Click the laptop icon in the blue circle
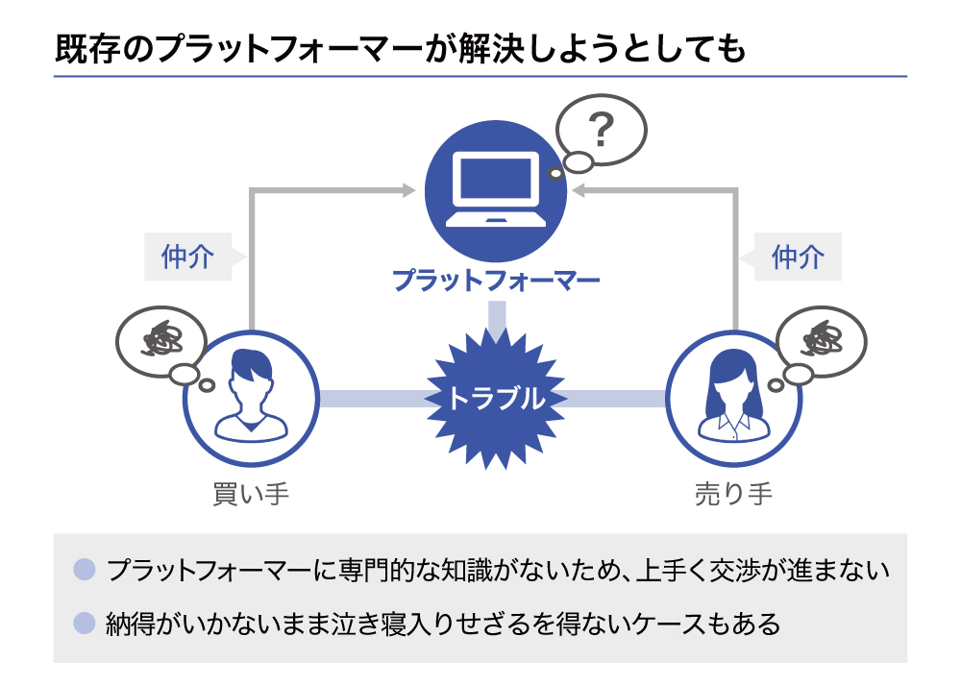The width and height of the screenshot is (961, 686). point(494,188)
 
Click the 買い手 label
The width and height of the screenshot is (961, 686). point(251,495)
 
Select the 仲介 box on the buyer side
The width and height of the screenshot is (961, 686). point(187,257)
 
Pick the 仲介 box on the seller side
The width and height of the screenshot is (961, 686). point(798,257)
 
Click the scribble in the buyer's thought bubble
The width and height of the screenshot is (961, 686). point(156,340)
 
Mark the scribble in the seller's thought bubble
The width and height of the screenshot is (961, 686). point(823,340)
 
